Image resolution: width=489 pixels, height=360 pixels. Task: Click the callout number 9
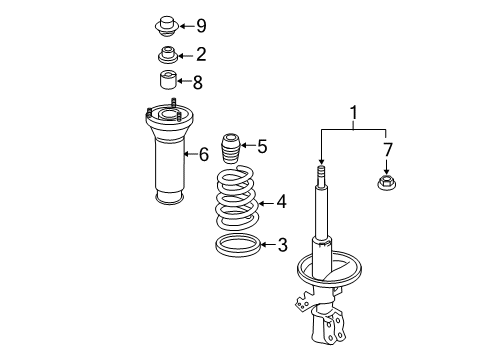click(x=201, y=25)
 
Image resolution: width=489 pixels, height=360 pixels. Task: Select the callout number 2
click(x=201, y=54)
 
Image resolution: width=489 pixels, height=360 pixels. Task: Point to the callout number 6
click(x=203, y=154)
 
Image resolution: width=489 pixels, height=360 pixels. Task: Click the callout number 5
click(x=262, y=147)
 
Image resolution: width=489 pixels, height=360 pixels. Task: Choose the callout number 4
click(x=281, y=203)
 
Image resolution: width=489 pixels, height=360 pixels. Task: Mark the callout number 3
click(x=283, y=244)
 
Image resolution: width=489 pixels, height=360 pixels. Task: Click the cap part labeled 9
click(x=167, y=24)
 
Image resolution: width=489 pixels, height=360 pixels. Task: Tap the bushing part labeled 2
click(x=167, y=54)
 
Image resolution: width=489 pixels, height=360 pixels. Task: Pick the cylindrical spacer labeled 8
click(x=167, y=82)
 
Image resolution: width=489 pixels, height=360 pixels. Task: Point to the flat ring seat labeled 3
click(x=239, y=244)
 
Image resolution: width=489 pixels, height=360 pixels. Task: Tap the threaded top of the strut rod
click(x=321, y=179)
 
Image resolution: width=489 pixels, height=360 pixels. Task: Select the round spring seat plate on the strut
click(x=329, y=271)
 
